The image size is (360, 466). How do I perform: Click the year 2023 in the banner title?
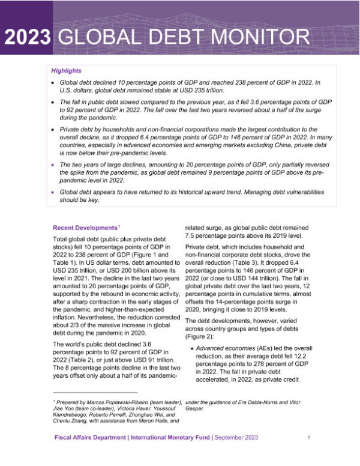[28, 37]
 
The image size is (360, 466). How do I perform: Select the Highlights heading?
[66, 71]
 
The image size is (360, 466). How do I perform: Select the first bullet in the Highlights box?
[53, 82]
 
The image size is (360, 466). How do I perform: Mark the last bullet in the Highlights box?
[53, 192]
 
